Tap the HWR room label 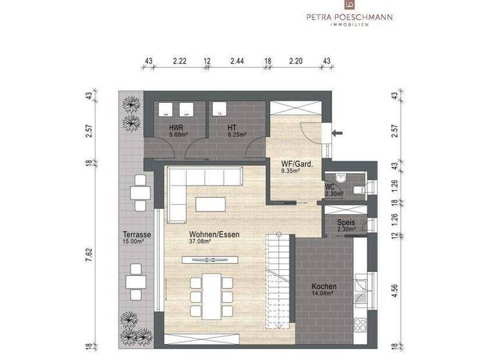click(x=176, y=127)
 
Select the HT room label click(x=232, y=127)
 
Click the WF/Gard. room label click(x=297, y=163)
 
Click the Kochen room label click(x=324, y=286)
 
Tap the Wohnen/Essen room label click(x=214, y=235)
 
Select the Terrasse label click(x=136, y=235)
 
